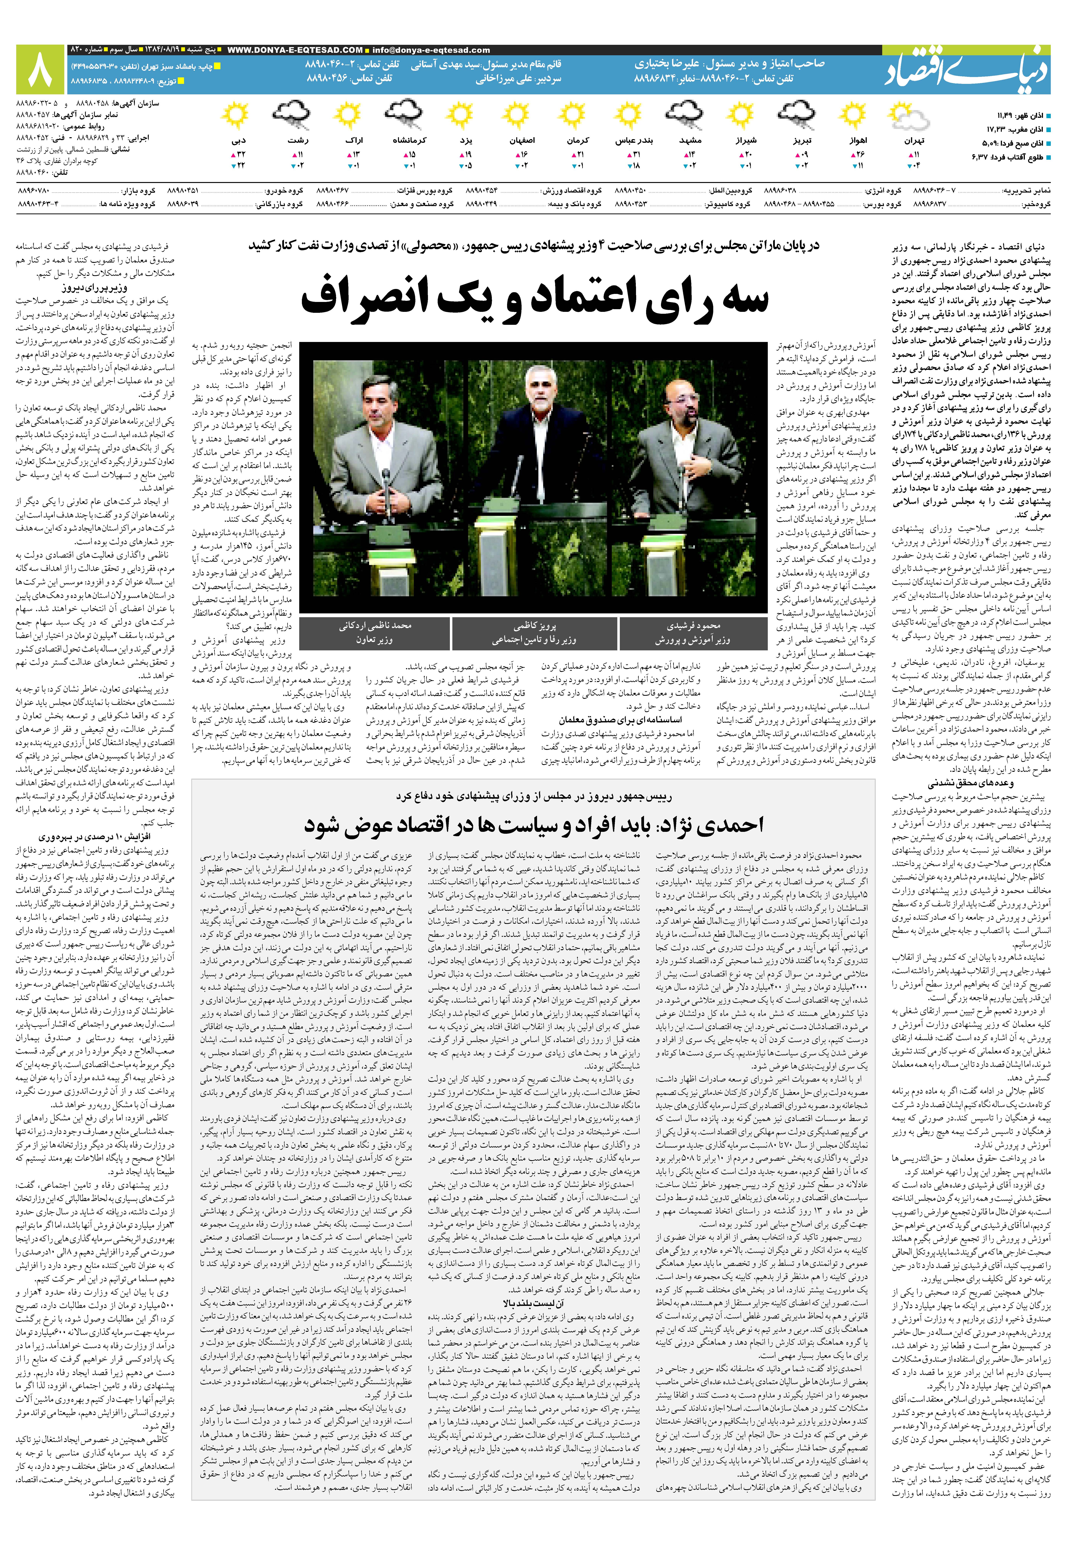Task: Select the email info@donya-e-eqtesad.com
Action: click(x=431, y=50)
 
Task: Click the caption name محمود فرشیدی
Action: click(x=693, y=626)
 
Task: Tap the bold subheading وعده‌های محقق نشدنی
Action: click(x=970, y=783)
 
